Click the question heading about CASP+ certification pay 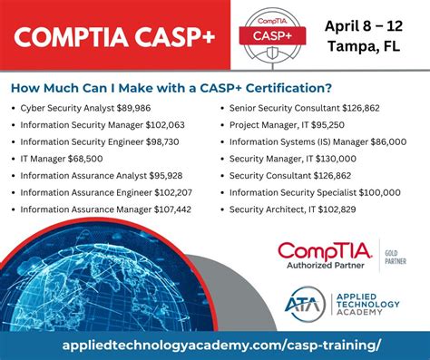(171, 88)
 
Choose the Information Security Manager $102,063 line (102, 125)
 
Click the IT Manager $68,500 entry (69, 159)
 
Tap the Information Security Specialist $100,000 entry (315, 192)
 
